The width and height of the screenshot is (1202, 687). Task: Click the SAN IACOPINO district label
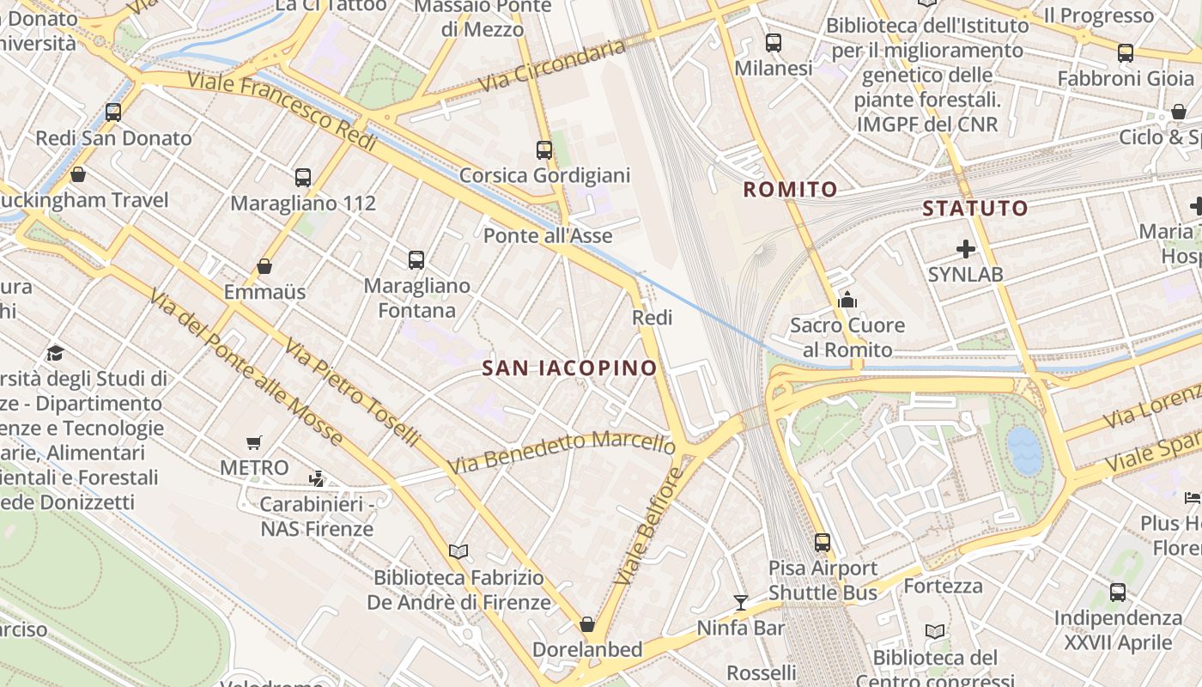569,368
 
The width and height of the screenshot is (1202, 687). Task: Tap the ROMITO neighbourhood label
790,190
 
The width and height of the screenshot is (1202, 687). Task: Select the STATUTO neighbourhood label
975,208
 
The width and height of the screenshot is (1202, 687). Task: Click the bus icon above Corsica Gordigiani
544,149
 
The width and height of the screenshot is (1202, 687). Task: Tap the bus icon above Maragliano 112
303,178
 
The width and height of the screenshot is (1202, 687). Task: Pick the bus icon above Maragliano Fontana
416,259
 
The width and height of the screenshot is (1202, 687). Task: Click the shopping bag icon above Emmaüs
264,266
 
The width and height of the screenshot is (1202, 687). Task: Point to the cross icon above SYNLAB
966,249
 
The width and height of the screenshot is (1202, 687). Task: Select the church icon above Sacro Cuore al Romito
847,300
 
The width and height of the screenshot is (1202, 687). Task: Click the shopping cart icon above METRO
253,443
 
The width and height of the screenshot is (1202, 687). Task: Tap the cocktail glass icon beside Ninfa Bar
740,602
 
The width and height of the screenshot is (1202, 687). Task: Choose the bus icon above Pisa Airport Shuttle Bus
823,542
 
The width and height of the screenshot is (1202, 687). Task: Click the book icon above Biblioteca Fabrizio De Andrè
458,551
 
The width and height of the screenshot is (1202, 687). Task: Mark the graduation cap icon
56,353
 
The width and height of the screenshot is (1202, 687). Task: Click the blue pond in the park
1023,450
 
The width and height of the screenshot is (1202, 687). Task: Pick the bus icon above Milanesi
774,42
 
